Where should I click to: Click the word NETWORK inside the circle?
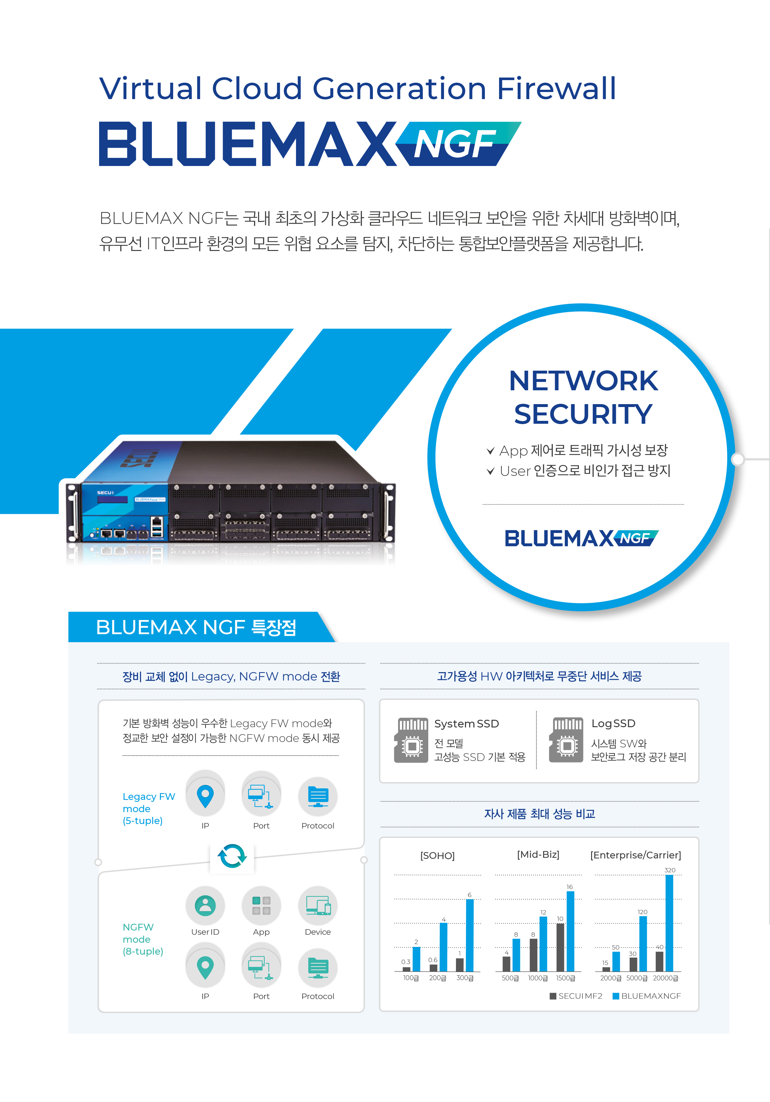coord(583,381)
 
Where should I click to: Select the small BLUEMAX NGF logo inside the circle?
coord(581,538)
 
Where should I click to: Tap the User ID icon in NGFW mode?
coord(205,905)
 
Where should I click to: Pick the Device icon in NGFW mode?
coord(318,905)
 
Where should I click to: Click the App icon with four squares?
coord(261,905)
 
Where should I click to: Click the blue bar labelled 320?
coord(669,923)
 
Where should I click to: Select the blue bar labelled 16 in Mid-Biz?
coord(570,931)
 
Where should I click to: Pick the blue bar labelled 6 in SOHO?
coord(469,935)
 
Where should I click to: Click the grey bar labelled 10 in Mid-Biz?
coord(560,948)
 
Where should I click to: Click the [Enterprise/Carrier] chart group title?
coord(635,855)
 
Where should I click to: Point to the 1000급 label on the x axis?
coord(538,978)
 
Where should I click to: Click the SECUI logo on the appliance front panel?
coord(105,493)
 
